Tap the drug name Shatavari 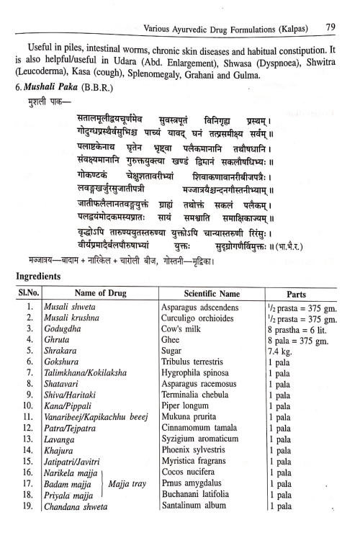click(x=60, y=411)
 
